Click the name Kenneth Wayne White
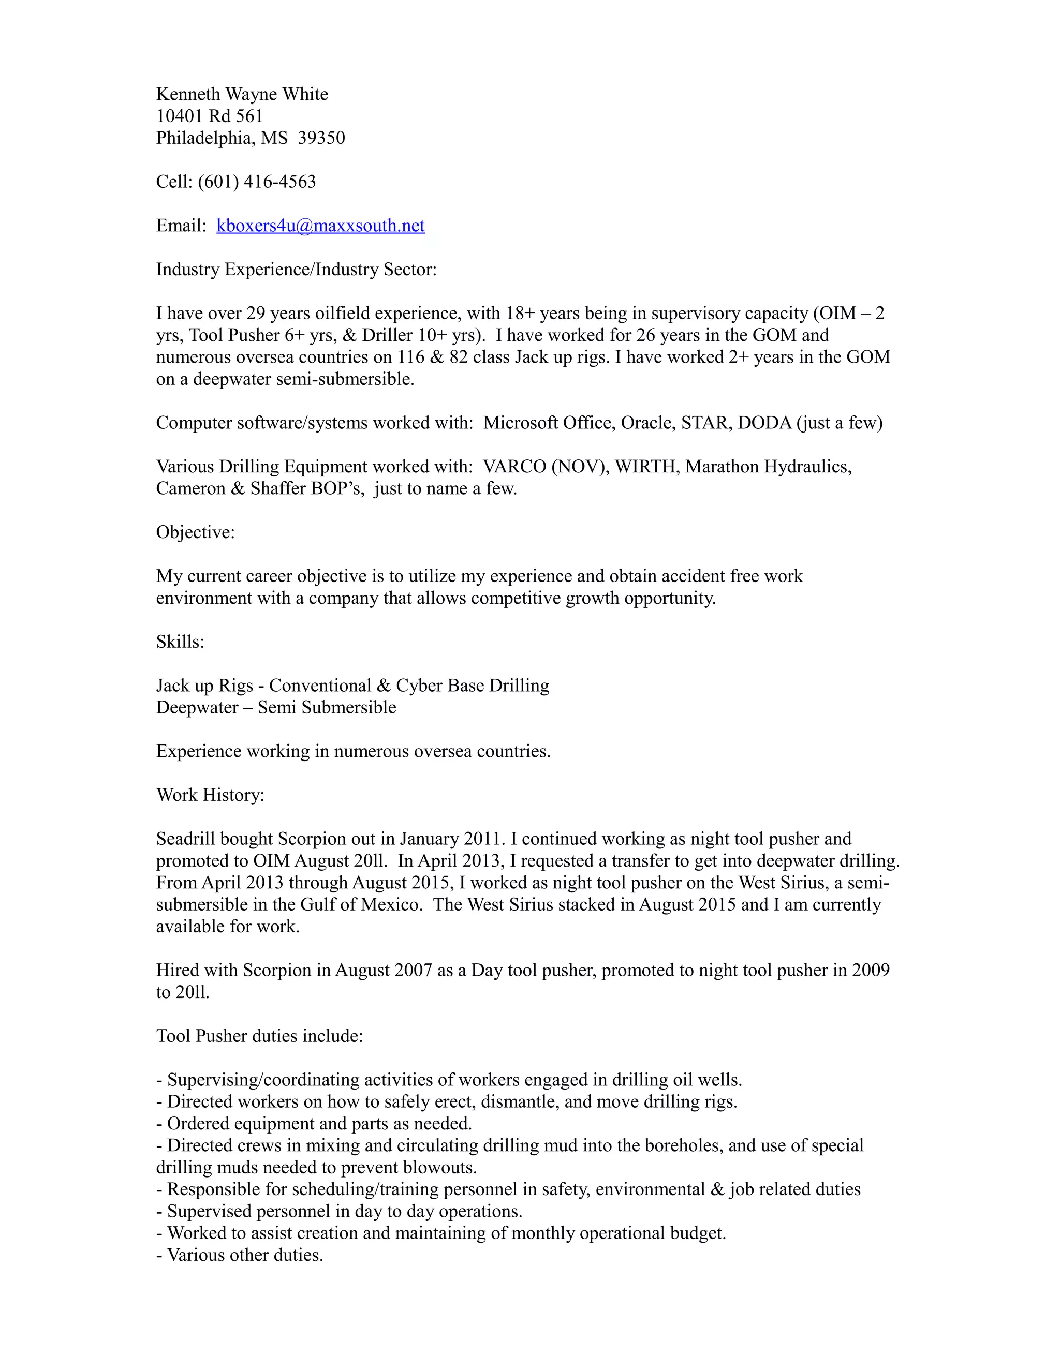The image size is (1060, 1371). [242, 94]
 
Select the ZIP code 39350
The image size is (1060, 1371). [321, 138]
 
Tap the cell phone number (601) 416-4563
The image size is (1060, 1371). [257, 182]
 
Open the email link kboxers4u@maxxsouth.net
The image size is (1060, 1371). [320, 226]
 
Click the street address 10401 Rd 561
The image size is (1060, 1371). [209, 116]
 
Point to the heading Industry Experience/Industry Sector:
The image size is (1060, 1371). [296, 270]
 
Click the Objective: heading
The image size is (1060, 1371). [195, 532]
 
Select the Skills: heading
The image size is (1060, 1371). [180, 642]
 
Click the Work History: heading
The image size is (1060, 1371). [210, 795]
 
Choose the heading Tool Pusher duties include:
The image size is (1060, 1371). [259, 1036]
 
